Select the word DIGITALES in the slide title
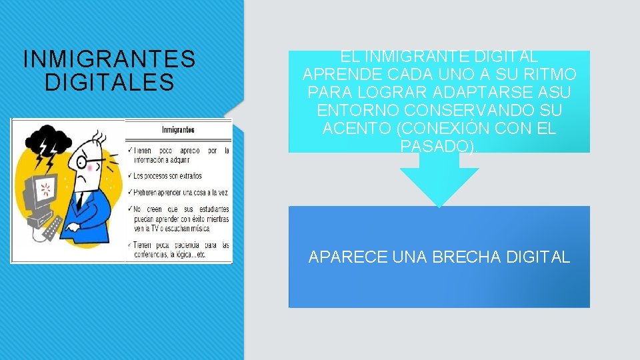109,83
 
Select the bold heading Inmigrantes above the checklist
179,129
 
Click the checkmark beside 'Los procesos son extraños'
129,176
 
